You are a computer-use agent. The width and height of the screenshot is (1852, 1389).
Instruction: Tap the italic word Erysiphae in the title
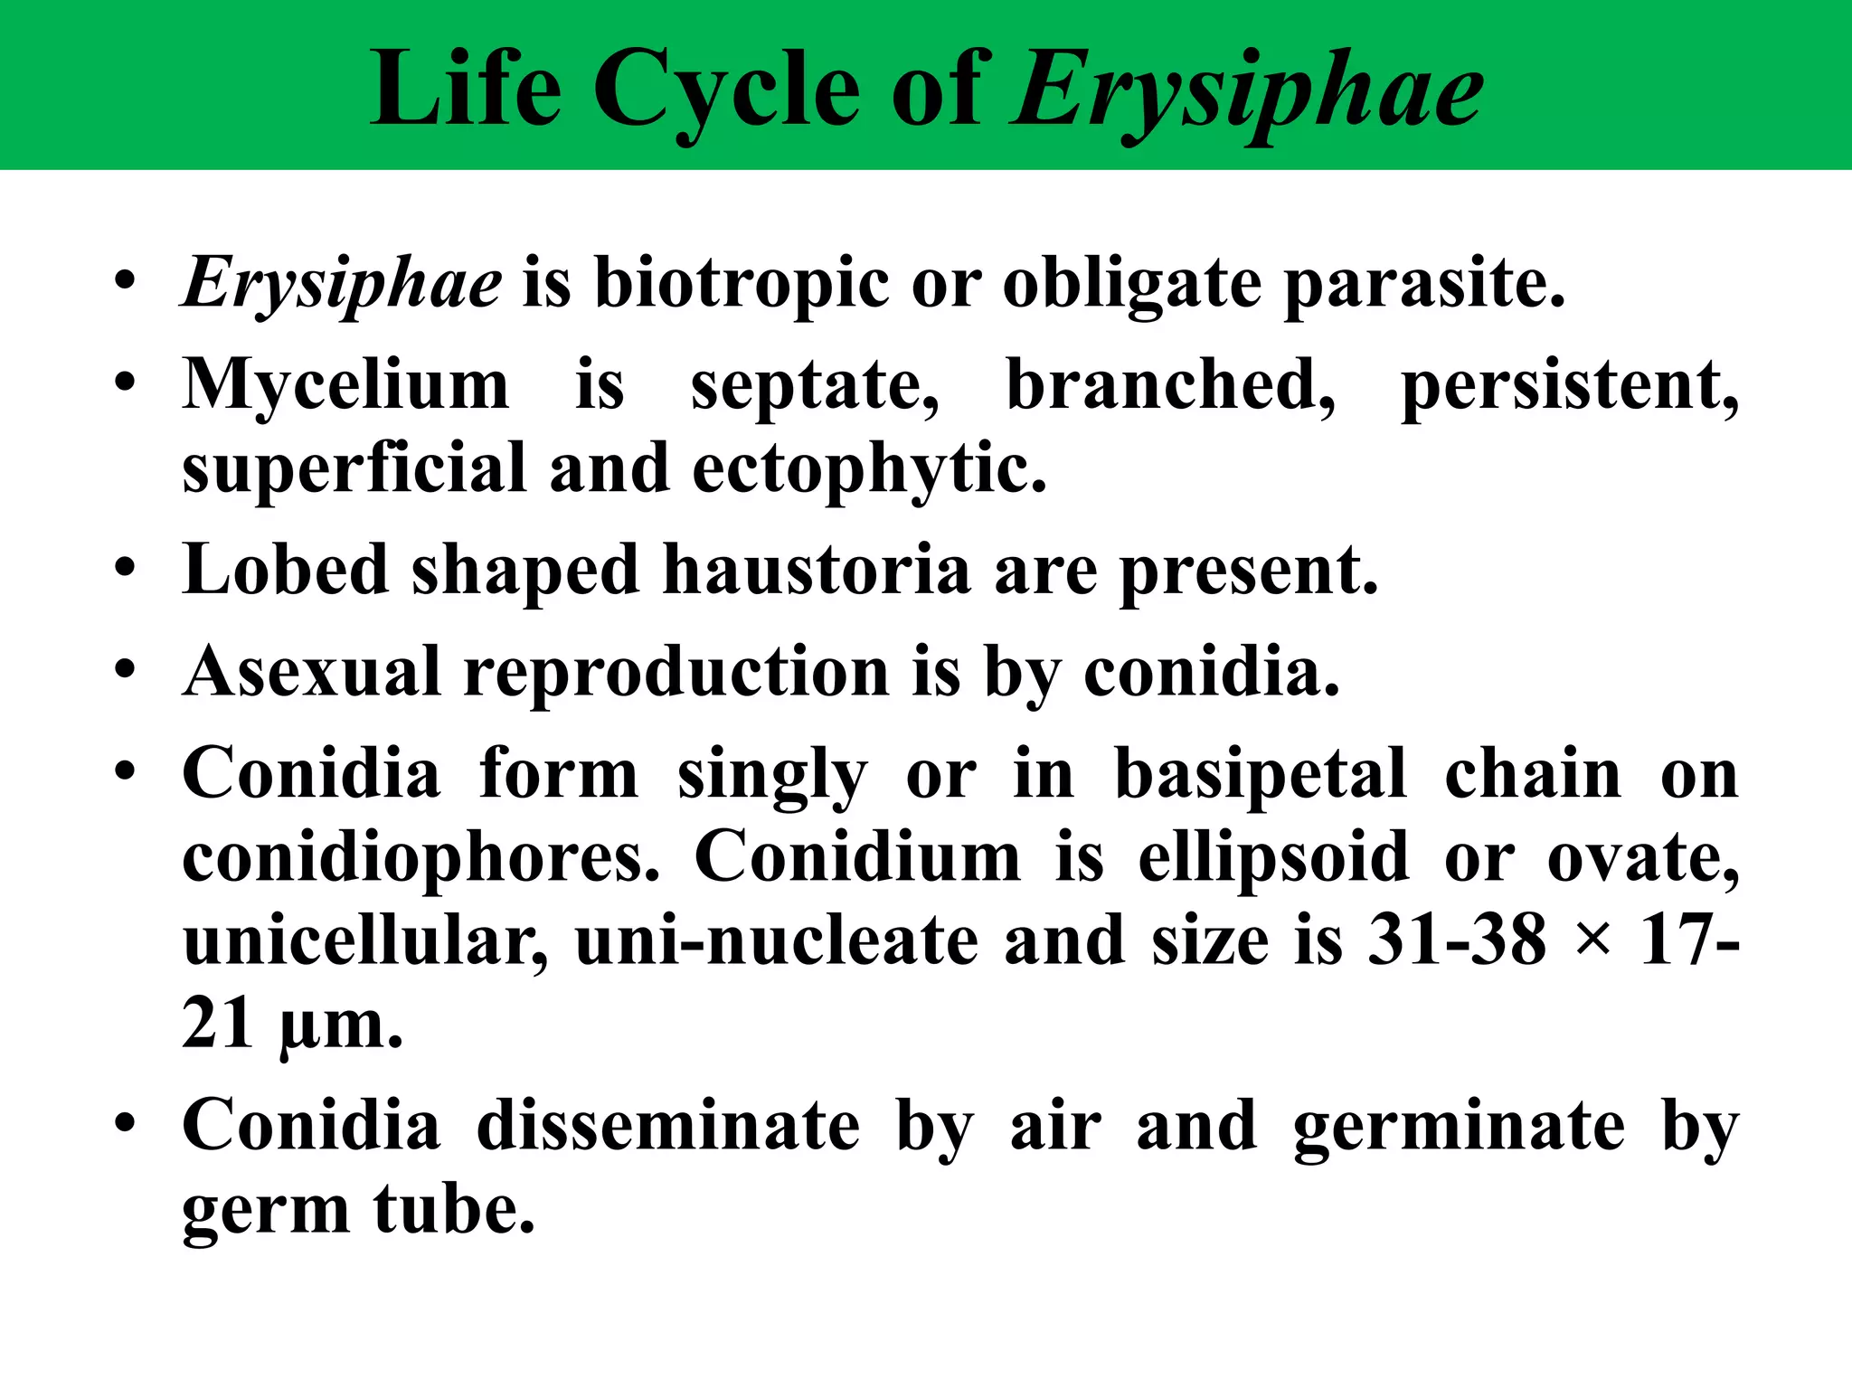coord(1248,90)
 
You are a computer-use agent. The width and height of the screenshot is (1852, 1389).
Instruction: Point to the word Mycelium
coord(345,385)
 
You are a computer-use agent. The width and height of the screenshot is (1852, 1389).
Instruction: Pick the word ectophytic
coord(869,470)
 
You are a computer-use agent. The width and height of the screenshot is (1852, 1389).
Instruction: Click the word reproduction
coord(676,674)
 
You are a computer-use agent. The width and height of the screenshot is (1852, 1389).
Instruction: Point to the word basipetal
coord(1261,775)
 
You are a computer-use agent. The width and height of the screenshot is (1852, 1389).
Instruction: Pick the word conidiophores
coord(420,858)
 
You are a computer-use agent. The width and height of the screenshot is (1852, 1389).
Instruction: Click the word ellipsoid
coord(1273,858)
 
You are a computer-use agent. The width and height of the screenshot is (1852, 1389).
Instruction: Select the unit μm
coord(341,1025)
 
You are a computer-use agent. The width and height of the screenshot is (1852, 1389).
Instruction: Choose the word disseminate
coord(668,1126)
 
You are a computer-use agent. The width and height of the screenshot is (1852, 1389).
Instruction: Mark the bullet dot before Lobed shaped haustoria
coord(126,570)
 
